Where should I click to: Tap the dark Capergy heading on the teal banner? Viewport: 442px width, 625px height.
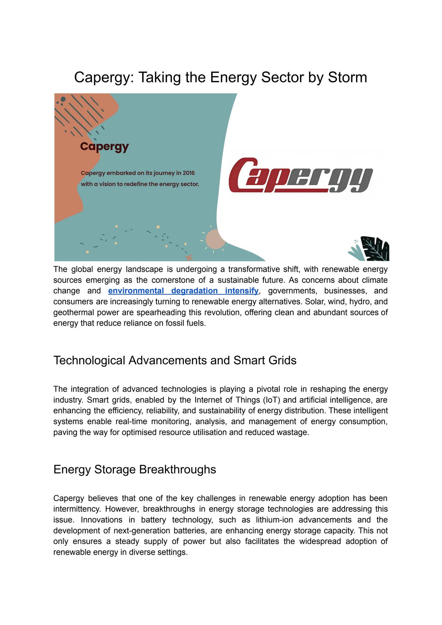[104, 146]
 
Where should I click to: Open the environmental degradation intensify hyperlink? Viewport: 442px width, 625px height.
[183, 291]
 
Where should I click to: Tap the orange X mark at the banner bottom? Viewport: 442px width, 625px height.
[189, 258]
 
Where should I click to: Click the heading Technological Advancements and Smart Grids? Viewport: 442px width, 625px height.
[175, 360]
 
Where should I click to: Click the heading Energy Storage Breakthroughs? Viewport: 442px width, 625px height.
[134, 469]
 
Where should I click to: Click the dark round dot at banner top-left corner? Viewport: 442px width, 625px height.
[63, 99]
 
